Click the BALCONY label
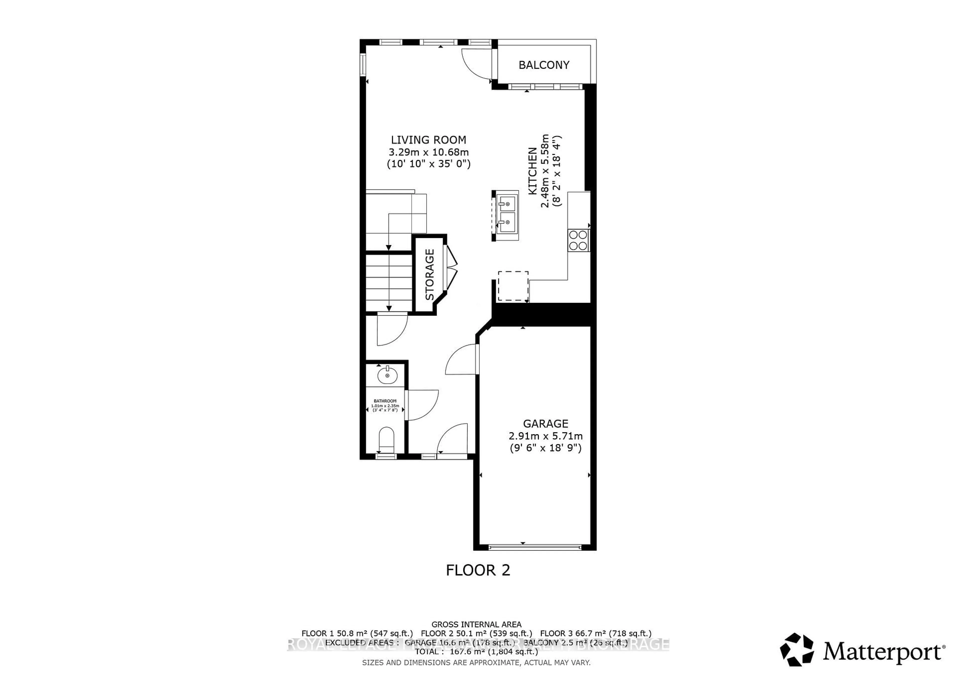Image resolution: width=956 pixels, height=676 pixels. coord(544,65)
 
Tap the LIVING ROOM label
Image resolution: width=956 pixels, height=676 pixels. coord(428,140)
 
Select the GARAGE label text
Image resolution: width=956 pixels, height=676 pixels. coord(545,424)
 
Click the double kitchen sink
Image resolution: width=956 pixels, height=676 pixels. coord(507,216)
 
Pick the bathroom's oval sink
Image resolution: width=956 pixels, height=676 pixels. coord(387,376)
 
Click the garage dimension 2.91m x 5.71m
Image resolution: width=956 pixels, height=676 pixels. coord(545,436)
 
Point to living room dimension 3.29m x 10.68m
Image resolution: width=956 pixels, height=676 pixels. coord(428,152)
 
